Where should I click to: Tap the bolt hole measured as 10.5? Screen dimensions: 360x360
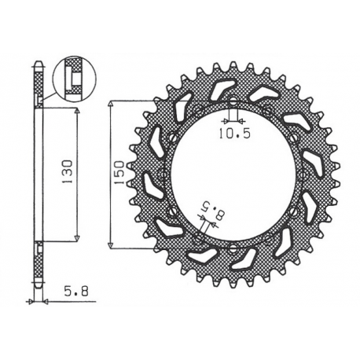click(x=233, y=100)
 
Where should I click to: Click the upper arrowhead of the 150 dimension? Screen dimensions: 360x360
click(x=111, y=105)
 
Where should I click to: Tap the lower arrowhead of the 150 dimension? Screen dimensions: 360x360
click(x=111, y=241)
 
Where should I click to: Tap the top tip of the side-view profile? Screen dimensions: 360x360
click(x=38, y=61)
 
